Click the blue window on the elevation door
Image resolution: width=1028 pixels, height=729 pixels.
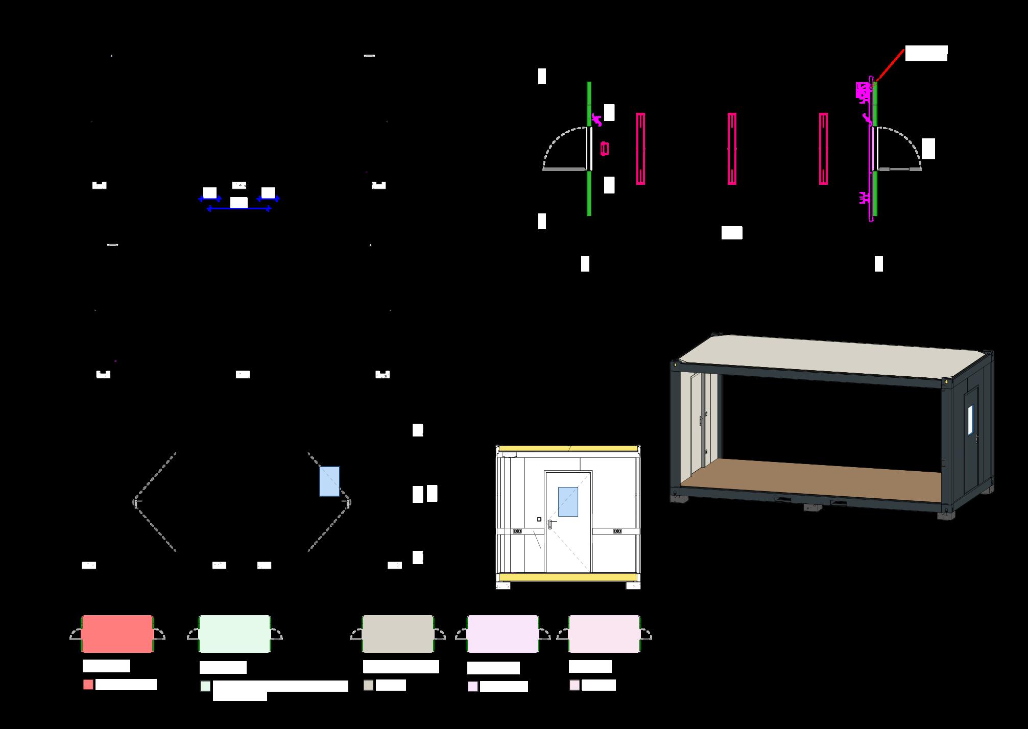pos(568,501)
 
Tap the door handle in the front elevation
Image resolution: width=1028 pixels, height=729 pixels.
pos(550,524)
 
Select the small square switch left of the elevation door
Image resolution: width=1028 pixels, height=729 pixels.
pos(539,519)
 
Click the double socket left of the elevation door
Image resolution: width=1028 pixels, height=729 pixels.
pos(517,531)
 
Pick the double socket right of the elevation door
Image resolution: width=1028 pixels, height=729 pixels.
pos(617,531)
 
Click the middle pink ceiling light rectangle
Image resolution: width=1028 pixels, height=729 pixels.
pos(732,149)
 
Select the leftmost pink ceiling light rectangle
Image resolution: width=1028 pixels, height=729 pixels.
pos(640,149)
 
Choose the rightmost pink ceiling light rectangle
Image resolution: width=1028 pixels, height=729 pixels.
pos(823,149)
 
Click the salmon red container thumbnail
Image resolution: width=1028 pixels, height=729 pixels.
pos(117,634)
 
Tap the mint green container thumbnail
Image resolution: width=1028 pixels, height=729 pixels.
pos(234,634)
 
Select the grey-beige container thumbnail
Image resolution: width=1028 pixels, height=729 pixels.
pos(398,634)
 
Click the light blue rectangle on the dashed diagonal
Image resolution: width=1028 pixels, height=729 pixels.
pos(329,481)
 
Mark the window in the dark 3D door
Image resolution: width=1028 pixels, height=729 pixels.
pos(970,419)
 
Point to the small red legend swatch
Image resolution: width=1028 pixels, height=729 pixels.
pos(88,685)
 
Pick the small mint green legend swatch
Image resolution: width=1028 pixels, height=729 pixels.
pos(205,686)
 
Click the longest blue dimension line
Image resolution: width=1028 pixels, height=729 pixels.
pos(239,209)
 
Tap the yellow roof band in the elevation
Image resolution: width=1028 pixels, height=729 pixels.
pos(568,449)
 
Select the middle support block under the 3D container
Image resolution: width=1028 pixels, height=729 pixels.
pos(812,507)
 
